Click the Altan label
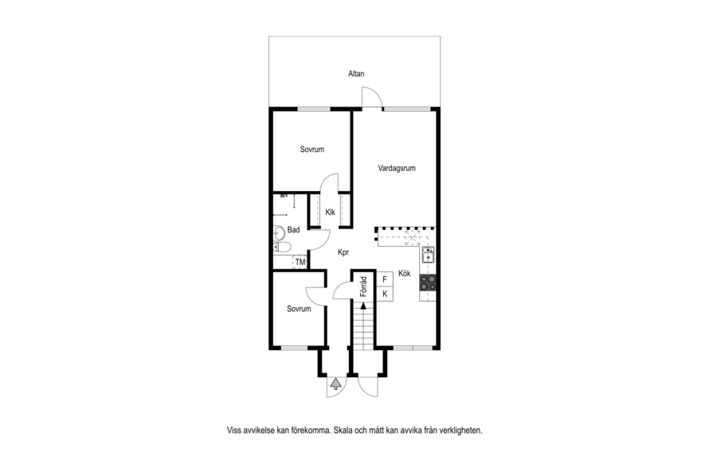coord(356,73)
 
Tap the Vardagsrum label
coord(397,168)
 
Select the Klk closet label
coord(330,213)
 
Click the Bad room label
coord(293,230)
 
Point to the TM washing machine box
coord(300,262)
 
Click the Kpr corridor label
coord(343,252)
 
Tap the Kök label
coord(404,273)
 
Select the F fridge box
coord(385,279)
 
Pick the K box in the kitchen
coord(385,294)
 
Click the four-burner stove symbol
coord(428,283)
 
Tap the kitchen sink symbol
coord(428,255)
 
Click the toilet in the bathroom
coord(282,247)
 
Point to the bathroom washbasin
coord(279,232)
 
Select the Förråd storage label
coord(363,287)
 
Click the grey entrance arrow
coord(335,384)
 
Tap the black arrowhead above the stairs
coord(363,306)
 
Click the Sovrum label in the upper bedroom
coord(312,150)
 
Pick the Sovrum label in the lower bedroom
coord(299,309)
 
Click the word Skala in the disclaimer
coord(343,431)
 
